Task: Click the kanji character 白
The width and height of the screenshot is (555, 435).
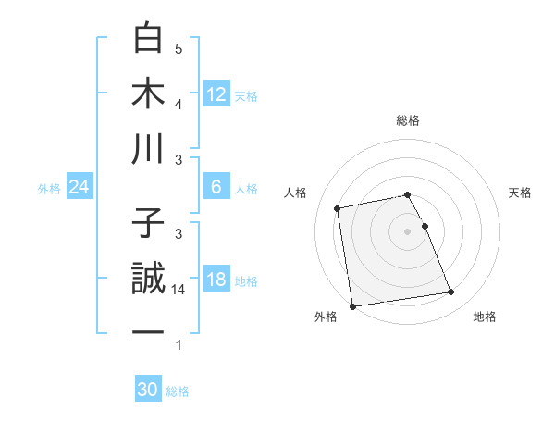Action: click(148, 40)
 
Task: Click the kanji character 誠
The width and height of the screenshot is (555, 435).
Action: click(148, 280)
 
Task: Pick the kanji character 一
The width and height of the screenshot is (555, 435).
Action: click(148, 332)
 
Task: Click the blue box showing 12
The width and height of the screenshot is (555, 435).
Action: click(216, 93)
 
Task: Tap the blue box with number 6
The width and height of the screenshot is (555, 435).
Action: click(216, 187)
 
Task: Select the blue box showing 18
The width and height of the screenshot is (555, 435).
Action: click(216, 280)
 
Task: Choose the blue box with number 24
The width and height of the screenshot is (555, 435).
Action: click(80, 187)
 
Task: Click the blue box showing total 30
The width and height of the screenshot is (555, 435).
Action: click(148, 390)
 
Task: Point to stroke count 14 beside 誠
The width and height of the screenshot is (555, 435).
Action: click(179, 290)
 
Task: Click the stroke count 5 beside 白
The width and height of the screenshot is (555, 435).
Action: click(179, 48)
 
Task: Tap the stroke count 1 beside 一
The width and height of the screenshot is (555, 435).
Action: click(179, 345)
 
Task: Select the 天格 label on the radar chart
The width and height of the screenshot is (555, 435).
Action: click(521, 193)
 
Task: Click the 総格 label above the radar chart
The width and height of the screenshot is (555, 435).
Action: click(408, 120)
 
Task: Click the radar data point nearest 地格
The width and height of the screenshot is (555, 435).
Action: click(450, 292)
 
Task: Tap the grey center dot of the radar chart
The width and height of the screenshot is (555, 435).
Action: click(407, 230)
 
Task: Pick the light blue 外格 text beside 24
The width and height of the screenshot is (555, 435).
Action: click(49, 188)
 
